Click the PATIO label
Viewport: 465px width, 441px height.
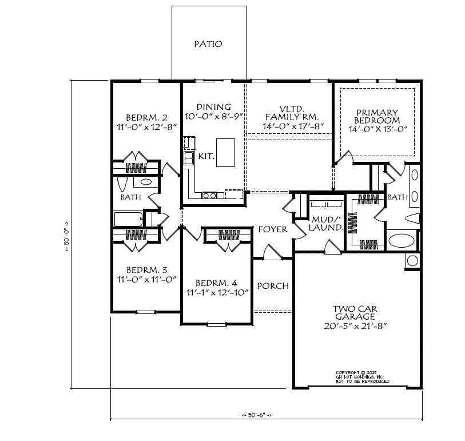[x=208, y=44]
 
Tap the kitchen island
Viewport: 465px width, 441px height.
[x=225, y=152]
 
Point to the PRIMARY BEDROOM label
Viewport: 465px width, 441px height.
[x=377, y=117]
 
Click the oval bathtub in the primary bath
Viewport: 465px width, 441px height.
[x=403, y=240]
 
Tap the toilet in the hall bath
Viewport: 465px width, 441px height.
[x=122, y=184]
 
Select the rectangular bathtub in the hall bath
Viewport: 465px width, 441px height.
[x=128, y=219]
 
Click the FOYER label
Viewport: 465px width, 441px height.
[x=273, y=229]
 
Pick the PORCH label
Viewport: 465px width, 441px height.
[x=273, y=286]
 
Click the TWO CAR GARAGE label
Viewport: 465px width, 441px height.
[x=355, y=313]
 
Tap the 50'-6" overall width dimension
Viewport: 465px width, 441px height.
[x=256, y=415]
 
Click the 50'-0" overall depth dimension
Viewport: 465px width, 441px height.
[x=66, y=235]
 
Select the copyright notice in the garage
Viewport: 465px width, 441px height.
[x=362, y=376]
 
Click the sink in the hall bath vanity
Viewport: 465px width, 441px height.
[x=145, y=182]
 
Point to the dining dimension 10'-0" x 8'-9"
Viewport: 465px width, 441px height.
[x=213, y=117]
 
